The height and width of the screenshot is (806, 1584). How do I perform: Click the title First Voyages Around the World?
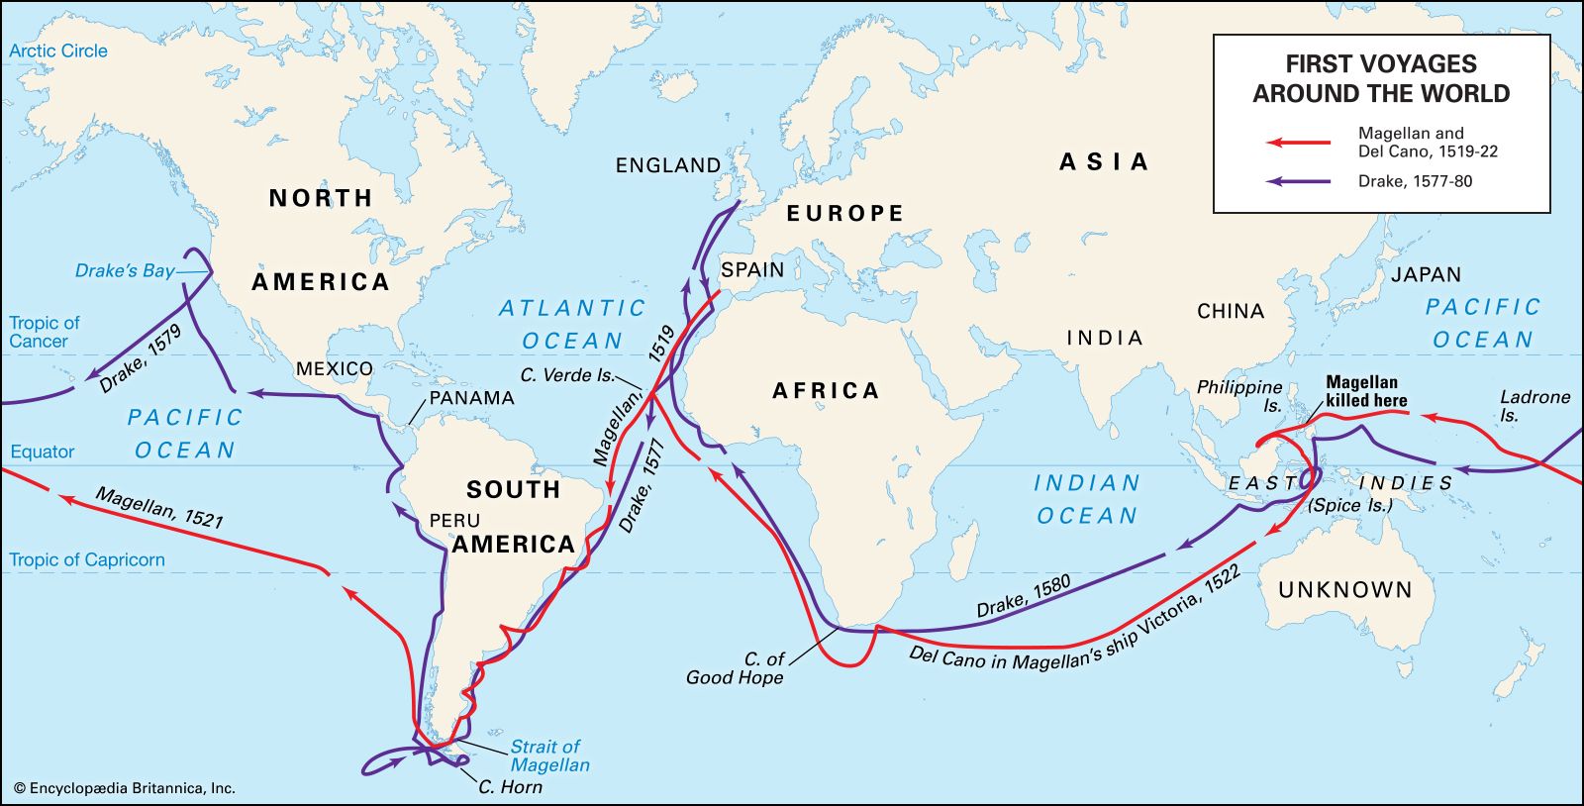coord(1381,79)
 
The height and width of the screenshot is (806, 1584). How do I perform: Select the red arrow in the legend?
coord(1300,143)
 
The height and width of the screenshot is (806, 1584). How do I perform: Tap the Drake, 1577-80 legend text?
coord(1415,181)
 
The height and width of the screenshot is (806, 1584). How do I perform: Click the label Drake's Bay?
coord(125,271)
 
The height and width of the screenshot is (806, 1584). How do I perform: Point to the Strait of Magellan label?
coord(548,756)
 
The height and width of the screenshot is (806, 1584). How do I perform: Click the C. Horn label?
coord(510,787)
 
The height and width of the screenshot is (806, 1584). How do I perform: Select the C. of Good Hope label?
coord(735,668)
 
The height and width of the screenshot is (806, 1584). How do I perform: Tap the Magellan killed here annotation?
coord(1366,391)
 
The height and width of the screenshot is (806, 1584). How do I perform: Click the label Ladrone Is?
coord(1533,405)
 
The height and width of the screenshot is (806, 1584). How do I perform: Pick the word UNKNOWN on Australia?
coord(1344,590)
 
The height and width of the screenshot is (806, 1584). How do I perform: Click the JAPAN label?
coord(1426,274)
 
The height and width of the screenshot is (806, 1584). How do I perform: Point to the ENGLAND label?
coord(668,165)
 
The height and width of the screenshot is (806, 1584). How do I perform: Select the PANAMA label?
coord(471,398)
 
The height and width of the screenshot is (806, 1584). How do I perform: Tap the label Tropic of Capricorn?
coord(87,560)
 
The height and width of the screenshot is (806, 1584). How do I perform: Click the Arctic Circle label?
coord(58,51)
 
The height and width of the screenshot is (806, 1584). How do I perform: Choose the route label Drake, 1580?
coord(1024,596)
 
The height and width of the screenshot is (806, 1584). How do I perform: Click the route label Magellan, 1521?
coord(158,506)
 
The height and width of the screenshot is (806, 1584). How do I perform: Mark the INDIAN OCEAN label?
coord(1087,499)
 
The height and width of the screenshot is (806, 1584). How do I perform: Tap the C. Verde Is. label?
coord(567,376)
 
